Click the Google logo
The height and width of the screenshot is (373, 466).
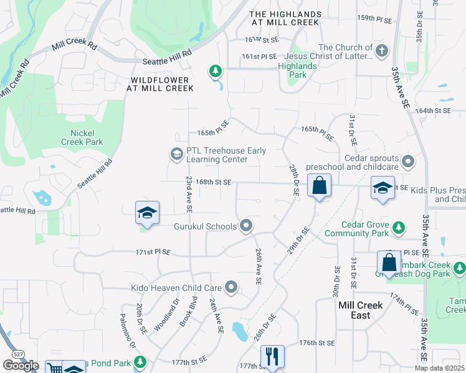[21, 365]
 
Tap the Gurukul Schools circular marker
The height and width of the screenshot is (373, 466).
[246, 226]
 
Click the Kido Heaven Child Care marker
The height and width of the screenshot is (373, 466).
[232, 287]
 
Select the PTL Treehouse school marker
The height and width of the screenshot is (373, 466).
[176, 153]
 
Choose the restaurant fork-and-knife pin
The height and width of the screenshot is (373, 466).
[272, 356]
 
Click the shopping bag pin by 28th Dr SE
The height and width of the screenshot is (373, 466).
[319, 186]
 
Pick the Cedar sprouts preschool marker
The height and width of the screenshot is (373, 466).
[408, 162]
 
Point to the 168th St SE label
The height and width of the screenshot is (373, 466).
[214, 182]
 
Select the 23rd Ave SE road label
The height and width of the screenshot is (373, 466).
[188, 193]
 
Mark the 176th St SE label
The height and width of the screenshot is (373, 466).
[317, 343]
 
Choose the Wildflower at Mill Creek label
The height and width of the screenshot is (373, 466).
[161, 84]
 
